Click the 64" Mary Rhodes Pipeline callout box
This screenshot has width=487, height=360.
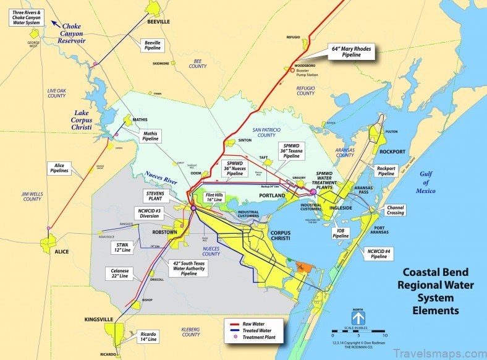[352, 50]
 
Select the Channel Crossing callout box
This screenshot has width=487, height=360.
[395, 210]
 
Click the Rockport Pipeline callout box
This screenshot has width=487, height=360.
[386, 171]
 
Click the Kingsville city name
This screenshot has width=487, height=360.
[99, 319]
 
